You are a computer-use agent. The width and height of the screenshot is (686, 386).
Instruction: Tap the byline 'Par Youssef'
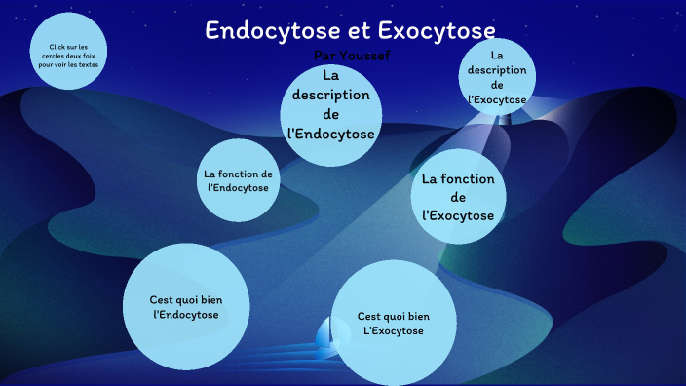(x=353, y=56)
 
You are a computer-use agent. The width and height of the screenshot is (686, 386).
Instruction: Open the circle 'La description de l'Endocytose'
(x=331, y=105)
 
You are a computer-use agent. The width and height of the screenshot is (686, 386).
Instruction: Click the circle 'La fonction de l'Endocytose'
(x=238, y=180)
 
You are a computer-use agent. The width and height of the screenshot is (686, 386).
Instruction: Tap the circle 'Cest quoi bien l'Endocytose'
(x=186, y=307)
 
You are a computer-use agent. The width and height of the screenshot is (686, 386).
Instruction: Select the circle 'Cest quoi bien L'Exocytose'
(x=394, y=323)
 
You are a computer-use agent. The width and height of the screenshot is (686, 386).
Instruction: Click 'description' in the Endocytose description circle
(x=331, y=96)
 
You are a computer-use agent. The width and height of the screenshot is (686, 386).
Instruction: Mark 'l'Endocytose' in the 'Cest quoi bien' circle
(x=186, y=316)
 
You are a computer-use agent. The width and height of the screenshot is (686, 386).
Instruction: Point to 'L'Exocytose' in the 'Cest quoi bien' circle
(x=394, y=332)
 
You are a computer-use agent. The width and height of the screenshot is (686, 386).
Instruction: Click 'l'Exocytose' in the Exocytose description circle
(x=497, y=99)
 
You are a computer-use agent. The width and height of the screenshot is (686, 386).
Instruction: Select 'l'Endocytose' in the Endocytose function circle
(x=238, y=187)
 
